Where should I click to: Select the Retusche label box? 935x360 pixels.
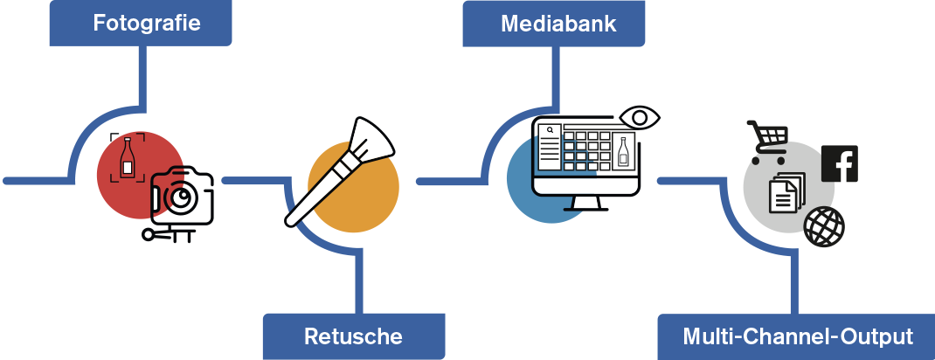(x=353, y=336)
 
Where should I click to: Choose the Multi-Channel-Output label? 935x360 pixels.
(x=797, y=336)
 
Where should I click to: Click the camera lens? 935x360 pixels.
(x=182, y=198)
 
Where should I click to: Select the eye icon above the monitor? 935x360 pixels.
(x=640, y=117)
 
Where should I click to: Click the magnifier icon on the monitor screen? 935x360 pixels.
(x=551, y=131)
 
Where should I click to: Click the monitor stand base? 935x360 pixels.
(x=586, y=208)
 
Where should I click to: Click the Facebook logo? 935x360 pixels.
(x=840, y=163)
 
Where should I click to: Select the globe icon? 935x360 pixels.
(x=824, y=226)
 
